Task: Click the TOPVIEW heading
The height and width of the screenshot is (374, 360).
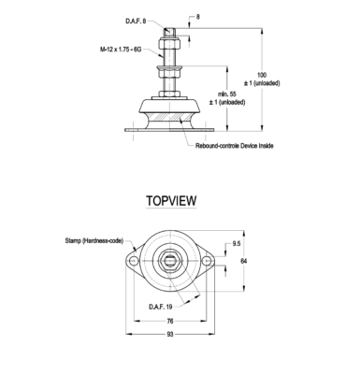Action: pos(171,201)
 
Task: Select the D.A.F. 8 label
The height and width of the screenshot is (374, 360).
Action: pos(136,22)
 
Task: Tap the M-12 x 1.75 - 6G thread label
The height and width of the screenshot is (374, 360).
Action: pos(121,50)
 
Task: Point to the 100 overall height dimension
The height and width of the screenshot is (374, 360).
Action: pos(262,75)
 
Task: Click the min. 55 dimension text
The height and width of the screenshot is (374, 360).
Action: pos(227,93)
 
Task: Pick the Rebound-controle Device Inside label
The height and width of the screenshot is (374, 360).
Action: pos(235,146)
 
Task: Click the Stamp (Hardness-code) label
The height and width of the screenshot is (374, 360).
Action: pos(94,240)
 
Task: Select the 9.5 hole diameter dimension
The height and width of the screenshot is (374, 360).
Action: pos(237,244)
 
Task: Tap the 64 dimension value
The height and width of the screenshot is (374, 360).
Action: pos(244,261)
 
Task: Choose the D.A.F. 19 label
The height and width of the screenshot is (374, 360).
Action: pos(161,307)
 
